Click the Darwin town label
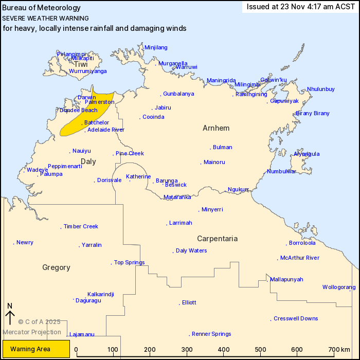tap(87, 97)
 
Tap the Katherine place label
tap(138, 176)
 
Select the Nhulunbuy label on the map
tap(321, 89)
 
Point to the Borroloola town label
tap(302, 243)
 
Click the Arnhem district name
tap(216, 128)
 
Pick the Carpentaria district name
tap(217, 239)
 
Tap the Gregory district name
tap(56, 267)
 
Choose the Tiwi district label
tap(81, 64)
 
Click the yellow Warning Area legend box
tap(36, 349)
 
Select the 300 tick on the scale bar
tap(187, 350)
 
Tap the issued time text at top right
tap(300, 7)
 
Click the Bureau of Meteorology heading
tap(42, 8)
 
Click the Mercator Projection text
tap(32, 332)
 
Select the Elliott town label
tap(189, 302)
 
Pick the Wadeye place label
tap(37, 170)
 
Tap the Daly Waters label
tap(191, 250)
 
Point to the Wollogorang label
tap(339, 287)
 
